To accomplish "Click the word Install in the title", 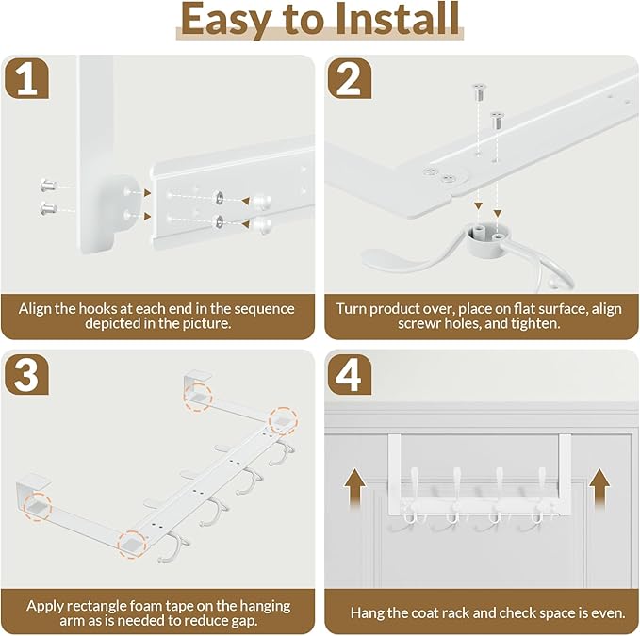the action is tap(398, 19).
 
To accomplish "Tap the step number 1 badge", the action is tap(26, 78).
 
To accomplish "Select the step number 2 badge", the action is tap(350, 78).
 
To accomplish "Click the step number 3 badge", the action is tap(26, 374).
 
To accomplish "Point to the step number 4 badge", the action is tap(350, 374).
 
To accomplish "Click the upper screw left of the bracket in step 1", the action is tap(48, 186).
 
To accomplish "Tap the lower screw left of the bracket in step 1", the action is tap(48, 209).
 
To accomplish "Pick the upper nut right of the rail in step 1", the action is tap(261, 201).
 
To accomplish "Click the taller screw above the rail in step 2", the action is tap(479, 91).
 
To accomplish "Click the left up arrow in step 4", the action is tap(354, 487).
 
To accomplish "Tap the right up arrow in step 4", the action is tap(599, 487).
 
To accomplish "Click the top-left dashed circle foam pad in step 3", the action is tap(198, 397).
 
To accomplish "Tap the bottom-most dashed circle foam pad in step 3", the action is tap(132, 545).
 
